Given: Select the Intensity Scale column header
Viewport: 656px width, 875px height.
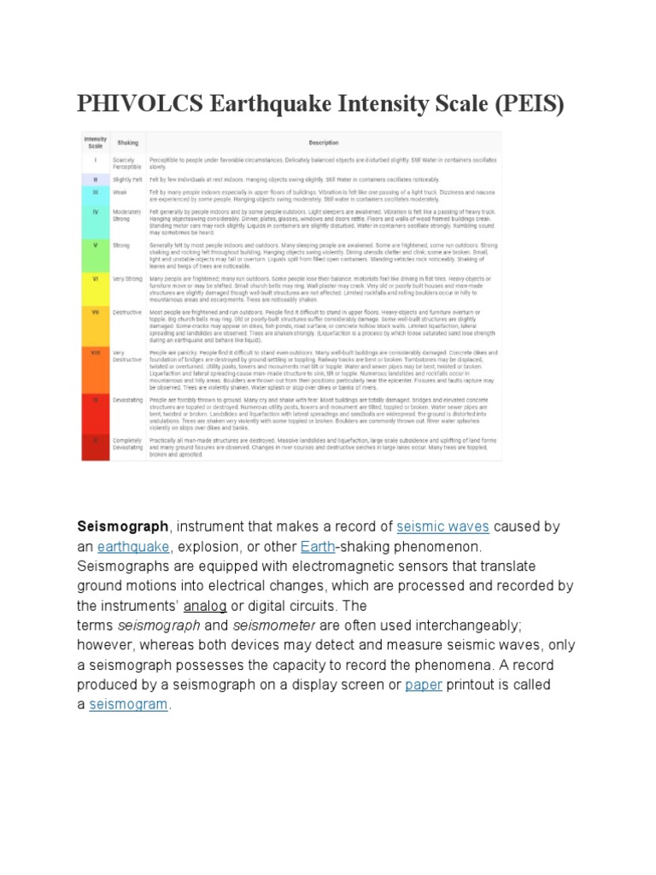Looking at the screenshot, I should click(x=94, y=141).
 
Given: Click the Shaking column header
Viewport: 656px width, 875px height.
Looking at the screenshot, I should click(x=127, y=142).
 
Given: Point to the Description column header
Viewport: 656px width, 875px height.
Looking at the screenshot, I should click(x=324, y=142).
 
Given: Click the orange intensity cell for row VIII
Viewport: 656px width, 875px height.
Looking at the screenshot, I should click(x=96, y=351).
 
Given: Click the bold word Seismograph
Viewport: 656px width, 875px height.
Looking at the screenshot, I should click(x=117, y=526).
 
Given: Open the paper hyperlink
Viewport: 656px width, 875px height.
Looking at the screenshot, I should click(x=424, y=684).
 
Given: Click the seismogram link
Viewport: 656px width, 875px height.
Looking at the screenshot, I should click(x=129, y=704).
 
